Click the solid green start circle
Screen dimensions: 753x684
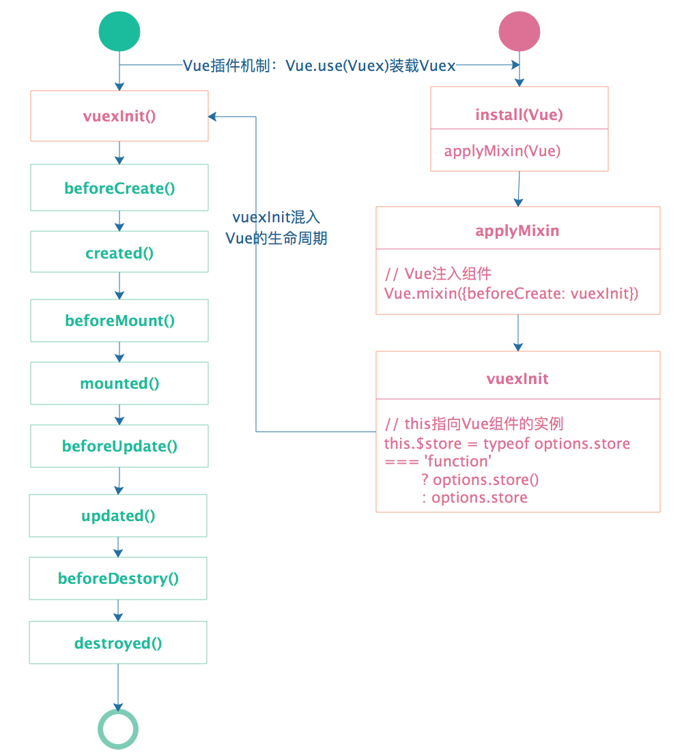pyautogui.click(x=119, y=31)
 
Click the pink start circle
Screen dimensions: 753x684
pyautogui.click(x=519, y=31)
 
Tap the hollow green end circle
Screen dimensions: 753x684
pyautogui.click(x=118, y=729)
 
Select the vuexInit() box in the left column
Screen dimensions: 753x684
pyautogui.click(x=119, y=116)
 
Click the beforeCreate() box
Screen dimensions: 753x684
pyautogui.click(x=119, y=188)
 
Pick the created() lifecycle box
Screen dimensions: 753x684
pyautogui.click(x=119, y=253)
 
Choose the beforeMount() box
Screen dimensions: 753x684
pyautogui.click(x=119, y=320)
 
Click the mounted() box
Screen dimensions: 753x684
pyautogui.click(x=119, y=383)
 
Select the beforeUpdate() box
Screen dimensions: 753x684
pyautogui.click(x=119, y=446)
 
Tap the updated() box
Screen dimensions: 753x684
pyautogui.click(x=118, y=516)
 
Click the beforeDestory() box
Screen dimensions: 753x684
pyautogui.click(x=118, y=578)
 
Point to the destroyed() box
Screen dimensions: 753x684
pyautogui.click(x=118, y=643)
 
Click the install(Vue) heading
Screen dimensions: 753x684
pyautogui.click(x=519, y=115)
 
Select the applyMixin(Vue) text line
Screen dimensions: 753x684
pyautogui.click(x=502, y=151)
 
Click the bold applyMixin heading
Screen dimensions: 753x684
pyautogui.click(x=517, y=231)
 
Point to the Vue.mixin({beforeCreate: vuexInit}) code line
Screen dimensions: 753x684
pyautogui.click(x=511, y=293)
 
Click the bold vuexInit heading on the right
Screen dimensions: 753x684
pyautogui.click(x=517, y=379)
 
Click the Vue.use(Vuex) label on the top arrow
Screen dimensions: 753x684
pyautogui.click(x=319, y=65)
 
